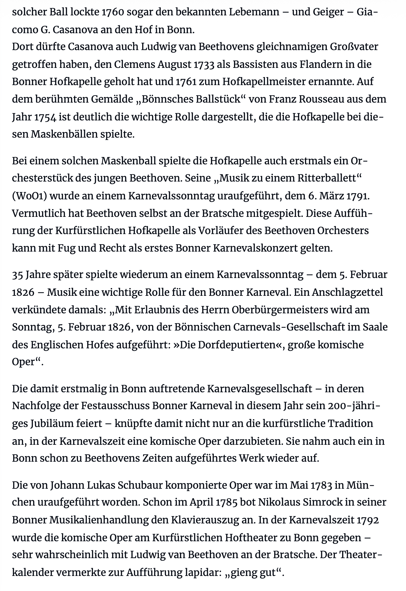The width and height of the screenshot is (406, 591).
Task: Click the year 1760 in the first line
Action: pyautogui.click(x=112, y=12)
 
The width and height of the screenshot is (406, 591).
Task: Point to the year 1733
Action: pyautogui.click(x=205, y=65)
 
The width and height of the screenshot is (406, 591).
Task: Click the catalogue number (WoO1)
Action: pyautogui.click(x=29, y=196)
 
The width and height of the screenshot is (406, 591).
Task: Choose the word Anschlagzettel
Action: pyautogui.click(x=347, y=292)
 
